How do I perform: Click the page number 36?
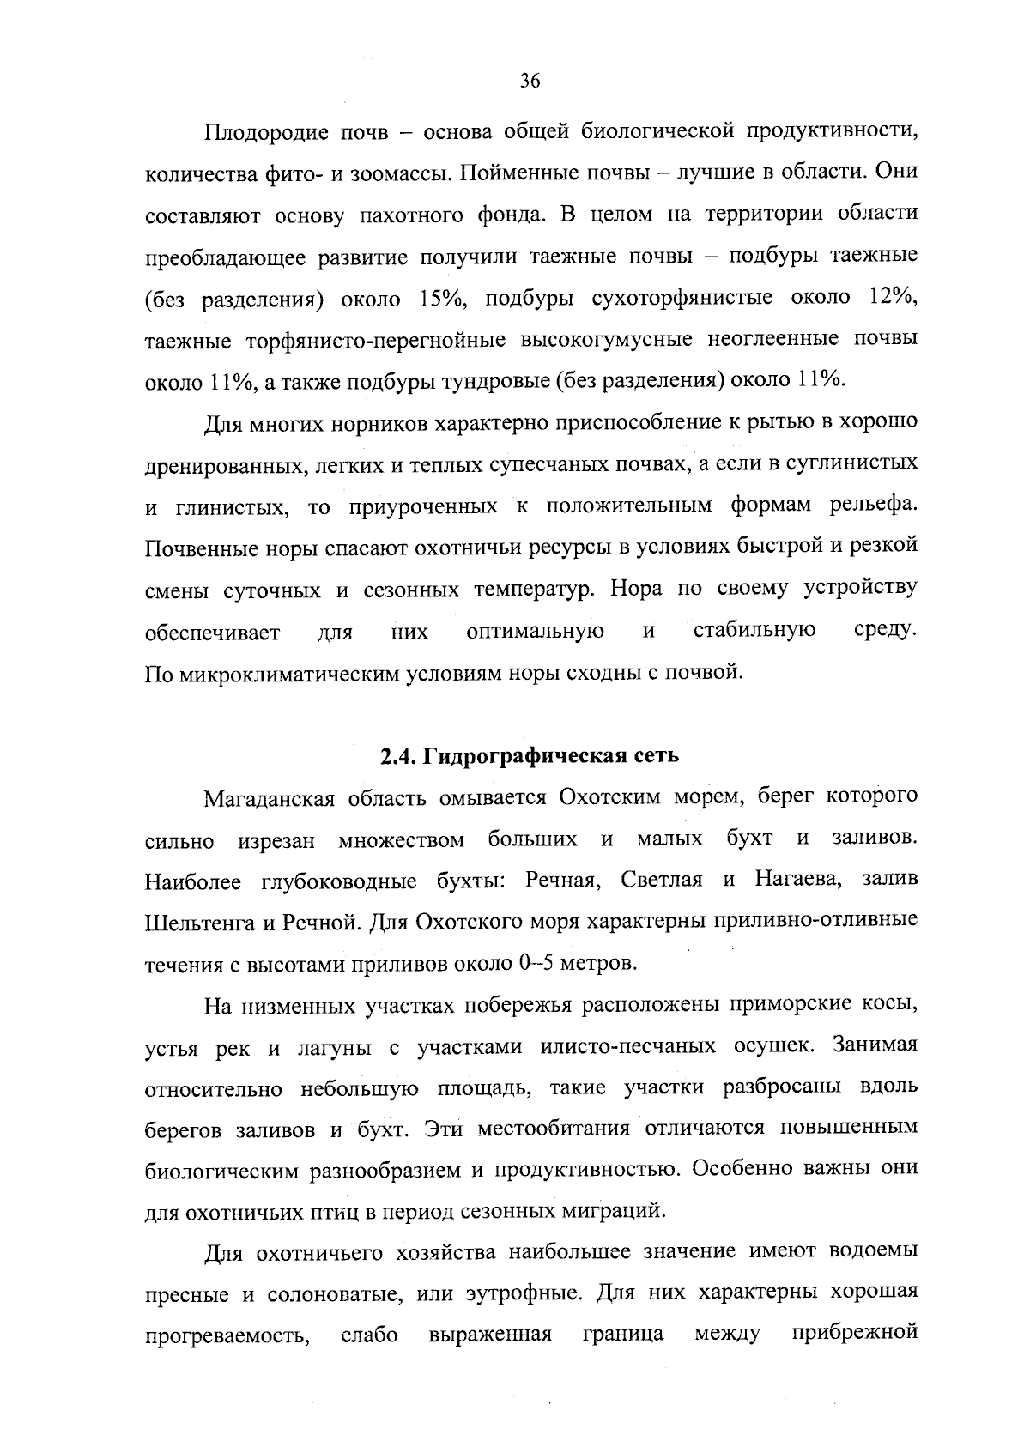coord(530,82)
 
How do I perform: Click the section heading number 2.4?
coord(397,756)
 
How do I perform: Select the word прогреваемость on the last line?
coord(227,1335)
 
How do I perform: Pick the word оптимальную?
coord(535,633)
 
